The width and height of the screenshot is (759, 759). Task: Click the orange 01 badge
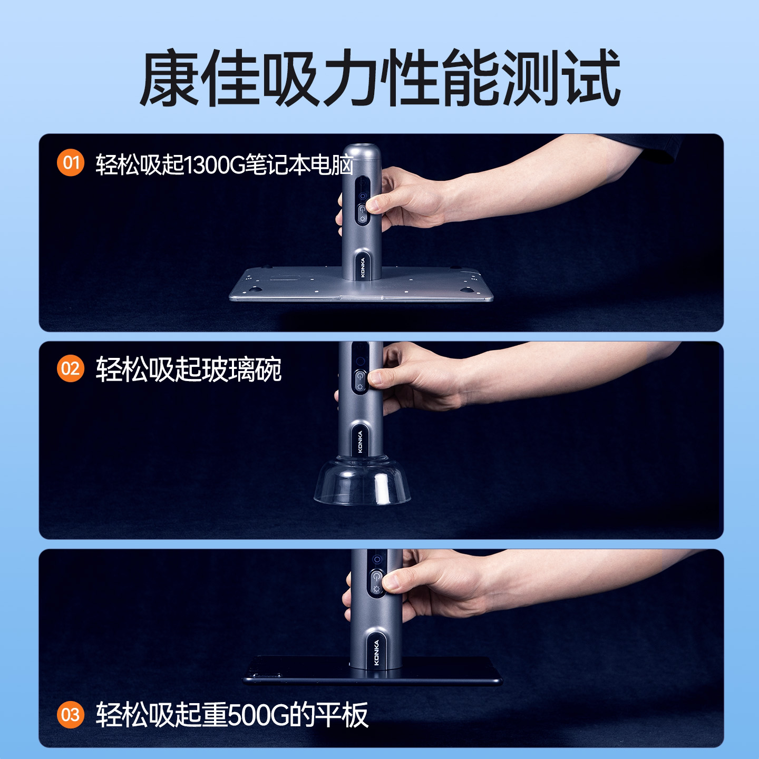click(x=70, y=163)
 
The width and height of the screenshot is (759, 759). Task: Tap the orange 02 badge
click(x=70, y=368)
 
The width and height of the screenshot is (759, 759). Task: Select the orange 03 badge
click(x=70, y=715)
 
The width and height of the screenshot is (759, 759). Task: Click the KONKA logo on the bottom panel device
click(x=376, y=652)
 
